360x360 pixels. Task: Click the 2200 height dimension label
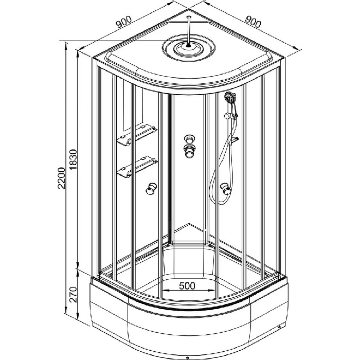coord(61,178)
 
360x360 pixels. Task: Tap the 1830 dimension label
coord(73,159)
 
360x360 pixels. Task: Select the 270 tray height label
coord(73,295)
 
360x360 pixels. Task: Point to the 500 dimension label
coord(187,285)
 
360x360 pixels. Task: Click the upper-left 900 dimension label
coord(124,22)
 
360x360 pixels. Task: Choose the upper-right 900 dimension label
coord(253,22)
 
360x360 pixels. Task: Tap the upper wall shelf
coord(137,135)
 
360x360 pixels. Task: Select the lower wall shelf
coord(137,167)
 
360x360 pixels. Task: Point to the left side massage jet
coord(151,189)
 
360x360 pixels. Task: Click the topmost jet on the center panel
coord(190,139)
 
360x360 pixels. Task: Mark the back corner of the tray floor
coord(189,223)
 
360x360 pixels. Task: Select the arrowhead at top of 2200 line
coord(66,45)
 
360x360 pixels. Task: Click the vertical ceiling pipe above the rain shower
coord(188,30)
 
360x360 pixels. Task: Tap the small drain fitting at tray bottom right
coord(279,327)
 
